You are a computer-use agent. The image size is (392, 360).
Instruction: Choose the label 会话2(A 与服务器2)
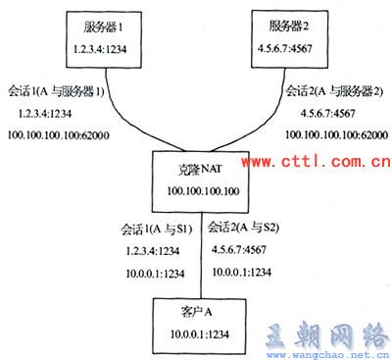point(333,91)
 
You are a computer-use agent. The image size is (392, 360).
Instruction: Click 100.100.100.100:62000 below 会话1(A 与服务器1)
point(59,132)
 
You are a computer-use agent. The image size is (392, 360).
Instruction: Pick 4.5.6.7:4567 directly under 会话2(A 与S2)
point(241,250)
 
